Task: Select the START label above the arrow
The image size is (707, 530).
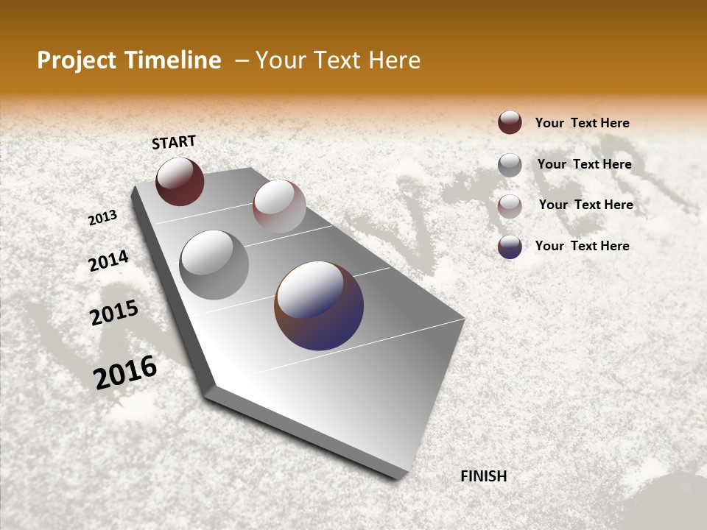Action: click(x=174, y=142)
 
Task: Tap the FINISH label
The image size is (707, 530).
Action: click(x=483, y=476)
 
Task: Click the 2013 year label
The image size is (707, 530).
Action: click(x=102, y=218)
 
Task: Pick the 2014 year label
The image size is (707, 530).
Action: click(x=108, y=261)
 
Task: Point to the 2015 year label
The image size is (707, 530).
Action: click(x=114, y=313)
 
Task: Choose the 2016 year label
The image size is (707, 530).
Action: click(x=125, y=372)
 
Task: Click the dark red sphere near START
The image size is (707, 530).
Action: click(x=180, y=181)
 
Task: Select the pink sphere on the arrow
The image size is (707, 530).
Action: click(x=279, y=206)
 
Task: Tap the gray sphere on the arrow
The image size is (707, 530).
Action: click(x=214, y=265)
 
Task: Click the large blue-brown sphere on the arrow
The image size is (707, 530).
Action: click(x=319, y=305)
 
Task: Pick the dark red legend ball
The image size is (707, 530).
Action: click(x=510, y=122)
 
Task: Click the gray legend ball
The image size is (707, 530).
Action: click(x=510, y=165)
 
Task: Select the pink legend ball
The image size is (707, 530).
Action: click(x=510, y=206)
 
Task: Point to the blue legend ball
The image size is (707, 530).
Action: click(x=510, y=247)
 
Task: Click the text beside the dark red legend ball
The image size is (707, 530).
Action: click(x=582, y=124)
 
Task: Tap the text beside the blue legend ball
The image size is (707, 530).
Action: click(x=582, y=246)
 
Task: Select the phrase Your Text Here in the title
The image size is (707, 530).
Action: click(x=338, y=60)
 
